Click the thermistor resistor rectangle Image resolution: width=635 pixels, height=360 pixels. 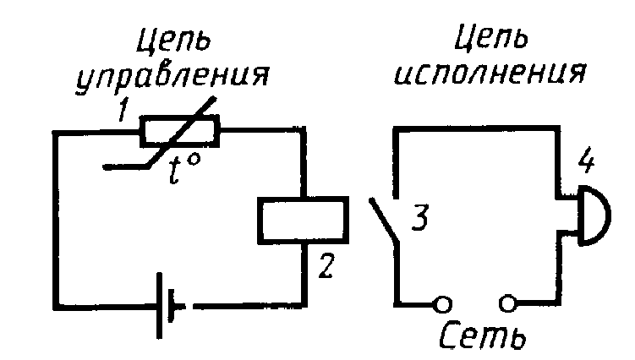click(x=180, y=132)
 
